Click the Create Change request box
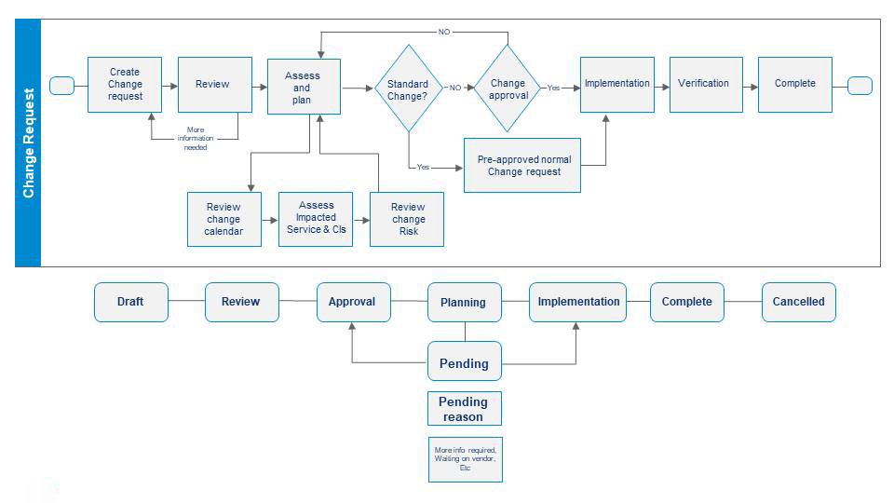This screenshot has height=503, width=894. point(125,85)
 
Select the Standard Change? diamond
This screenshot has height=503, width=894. point(407,88)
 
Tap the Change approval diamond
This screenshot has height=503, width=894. point(508,88)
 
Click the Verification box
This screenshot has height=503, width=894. point(706,84)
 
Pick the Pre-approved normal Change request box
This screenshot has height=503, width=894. point(521,165)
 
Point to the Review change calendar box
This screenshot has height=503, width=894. point(223,219)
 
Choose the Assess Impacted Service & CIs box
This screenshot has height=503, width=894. point(315,219)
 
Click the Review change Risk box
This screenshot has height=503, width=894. point(407,219)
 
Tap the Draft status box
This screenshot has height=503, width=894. point(131,302)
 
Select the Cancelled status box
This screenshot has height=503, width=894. point(798,302)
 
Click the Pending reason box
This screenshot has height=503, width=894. point(464,409)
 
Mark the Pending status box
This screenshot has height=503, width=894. point(464,361)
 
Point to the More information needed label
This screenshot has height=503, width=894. point(196,138)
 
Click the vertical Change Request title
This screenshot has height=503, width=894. point(28,143)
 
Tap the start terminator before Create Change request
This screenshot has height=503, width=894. point(61,86)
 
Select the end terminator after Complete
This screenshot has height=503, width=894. point(860,86)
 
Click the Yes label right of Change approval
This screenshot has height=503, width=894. point(553,88)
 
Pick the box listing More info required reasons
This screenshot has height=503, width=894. point(465,459)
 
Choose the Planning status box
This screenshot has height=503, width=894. point(464,302)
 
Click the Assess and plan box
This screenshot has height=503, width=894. point(304,87)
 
